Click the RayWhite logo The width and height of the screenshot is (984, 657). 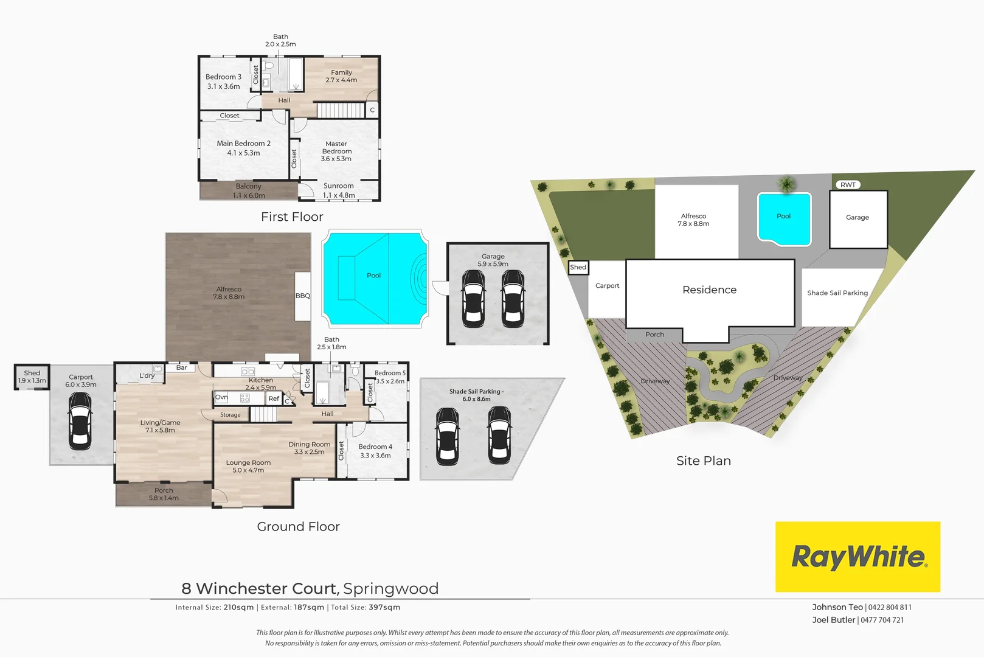(858, 557)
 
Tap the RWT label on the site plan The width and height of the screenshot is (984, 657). (848, 185)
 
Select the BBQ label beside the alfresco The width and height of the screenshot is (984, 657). (303, 296)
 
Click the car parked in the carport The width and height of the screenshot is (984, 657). (80, 420)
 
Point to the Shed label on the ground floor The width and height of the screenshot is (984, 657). (32, 373)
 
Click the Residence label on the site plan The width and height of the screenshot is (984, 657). (709, 290)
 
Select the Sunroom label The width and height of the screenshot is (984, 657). (338, 186)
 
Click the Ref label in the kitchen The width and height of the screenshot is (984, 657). (274, 398)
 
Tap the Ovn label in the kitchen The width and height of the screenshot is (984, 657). (221, 397)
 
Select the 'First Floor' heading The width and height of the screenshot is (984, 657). (292, 217)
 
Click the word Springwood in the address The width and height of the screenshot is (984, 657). (390, 589)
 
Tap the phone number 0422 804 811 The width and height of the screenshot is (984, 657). (890, 607)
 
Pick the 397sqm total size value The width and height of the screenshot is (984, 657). (384, 607)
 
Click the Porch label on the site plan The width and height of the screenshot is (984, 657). (654, 335)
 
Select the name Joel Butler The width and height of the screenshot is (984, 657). (833, 620)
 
